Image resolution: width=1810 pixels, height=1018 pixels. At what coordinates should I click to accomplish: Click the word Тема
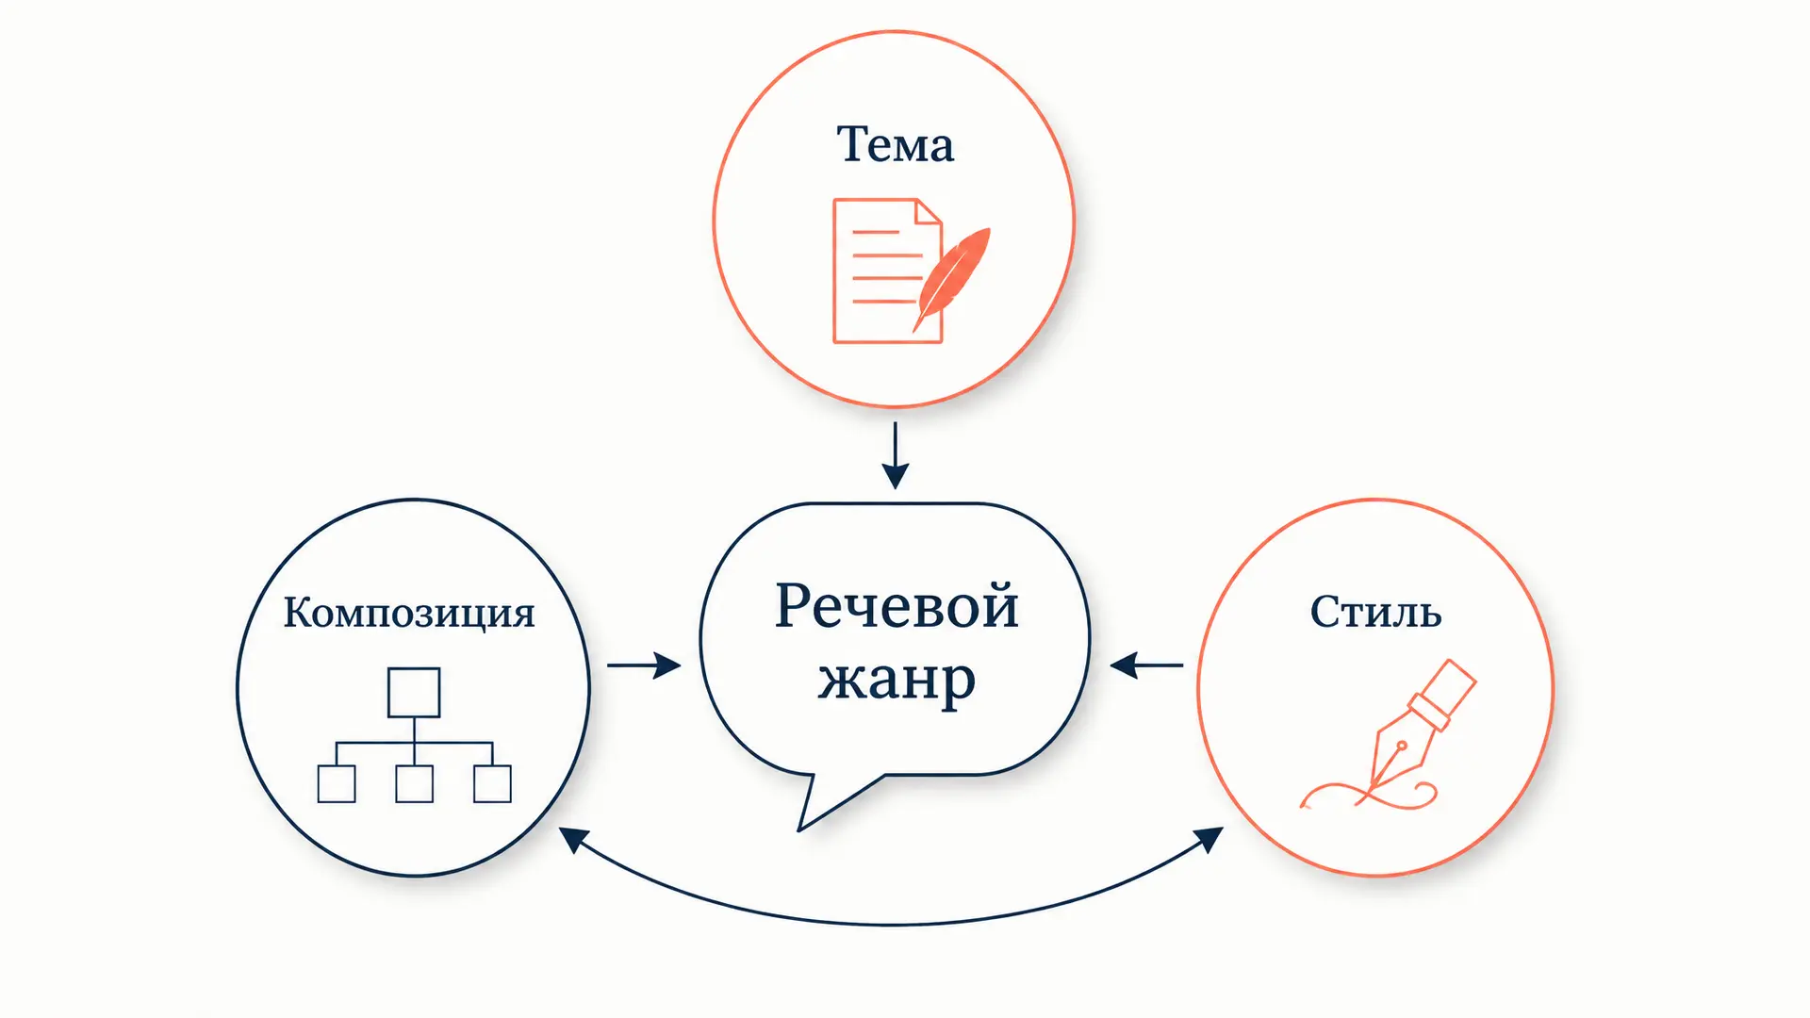coord(895,145)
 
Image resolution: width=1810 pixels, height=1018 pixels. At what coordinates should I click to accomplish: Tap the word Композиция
coord(409,613)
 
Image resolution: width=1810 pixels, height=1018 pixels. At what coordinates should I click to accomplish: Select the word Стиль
coord(1375,612)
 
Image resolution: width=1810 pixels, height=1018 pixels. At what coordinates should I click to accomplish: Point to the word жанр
coord(897,679)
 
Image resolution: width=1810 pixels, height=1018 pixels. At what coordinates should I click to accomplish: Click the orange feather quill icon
coord(952,279)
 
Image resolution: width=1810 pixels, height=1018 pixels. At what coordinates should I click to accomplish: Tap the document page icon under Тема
coord(887,271)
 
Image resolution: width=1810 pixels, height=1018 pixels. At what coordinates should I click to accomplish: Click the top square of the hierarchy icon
coord(414,693)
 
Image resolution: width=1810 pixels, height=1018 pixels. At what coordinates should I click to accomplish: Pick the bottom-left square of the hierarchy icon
coord(337,783)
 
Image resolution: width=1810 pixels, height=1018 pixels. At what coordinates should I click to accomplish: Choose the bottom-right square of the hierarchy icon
coord(492,783)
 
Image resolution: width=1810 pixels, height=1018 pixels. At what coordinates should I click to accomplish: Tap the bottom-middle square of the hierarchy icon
coord(415,783)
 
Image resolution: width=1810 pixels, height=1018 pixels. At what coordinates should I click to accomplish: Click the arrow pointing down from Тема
coord(895,455)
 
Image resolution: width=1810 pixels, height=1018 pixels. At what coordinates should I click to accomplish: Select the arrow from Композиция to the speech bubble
coord(644,665)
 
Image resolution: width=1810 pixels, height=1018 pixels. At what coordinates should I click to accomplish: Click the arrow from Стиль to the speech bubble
coord(1146,665)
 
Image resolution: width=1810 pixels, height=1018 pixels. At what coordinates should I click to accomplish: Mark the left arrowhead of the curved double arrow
coord(572,838)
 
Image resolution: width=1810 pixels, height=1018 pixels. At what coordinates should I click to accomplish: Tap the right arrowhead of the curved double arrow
coord(1210,838)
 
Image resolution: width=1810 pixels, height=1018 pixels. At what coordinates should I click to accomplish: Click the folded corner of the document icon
coord(929,211)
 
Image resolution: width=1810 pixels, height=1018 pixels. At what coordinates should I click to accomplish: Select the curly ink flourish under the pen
coord(1367,795)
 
